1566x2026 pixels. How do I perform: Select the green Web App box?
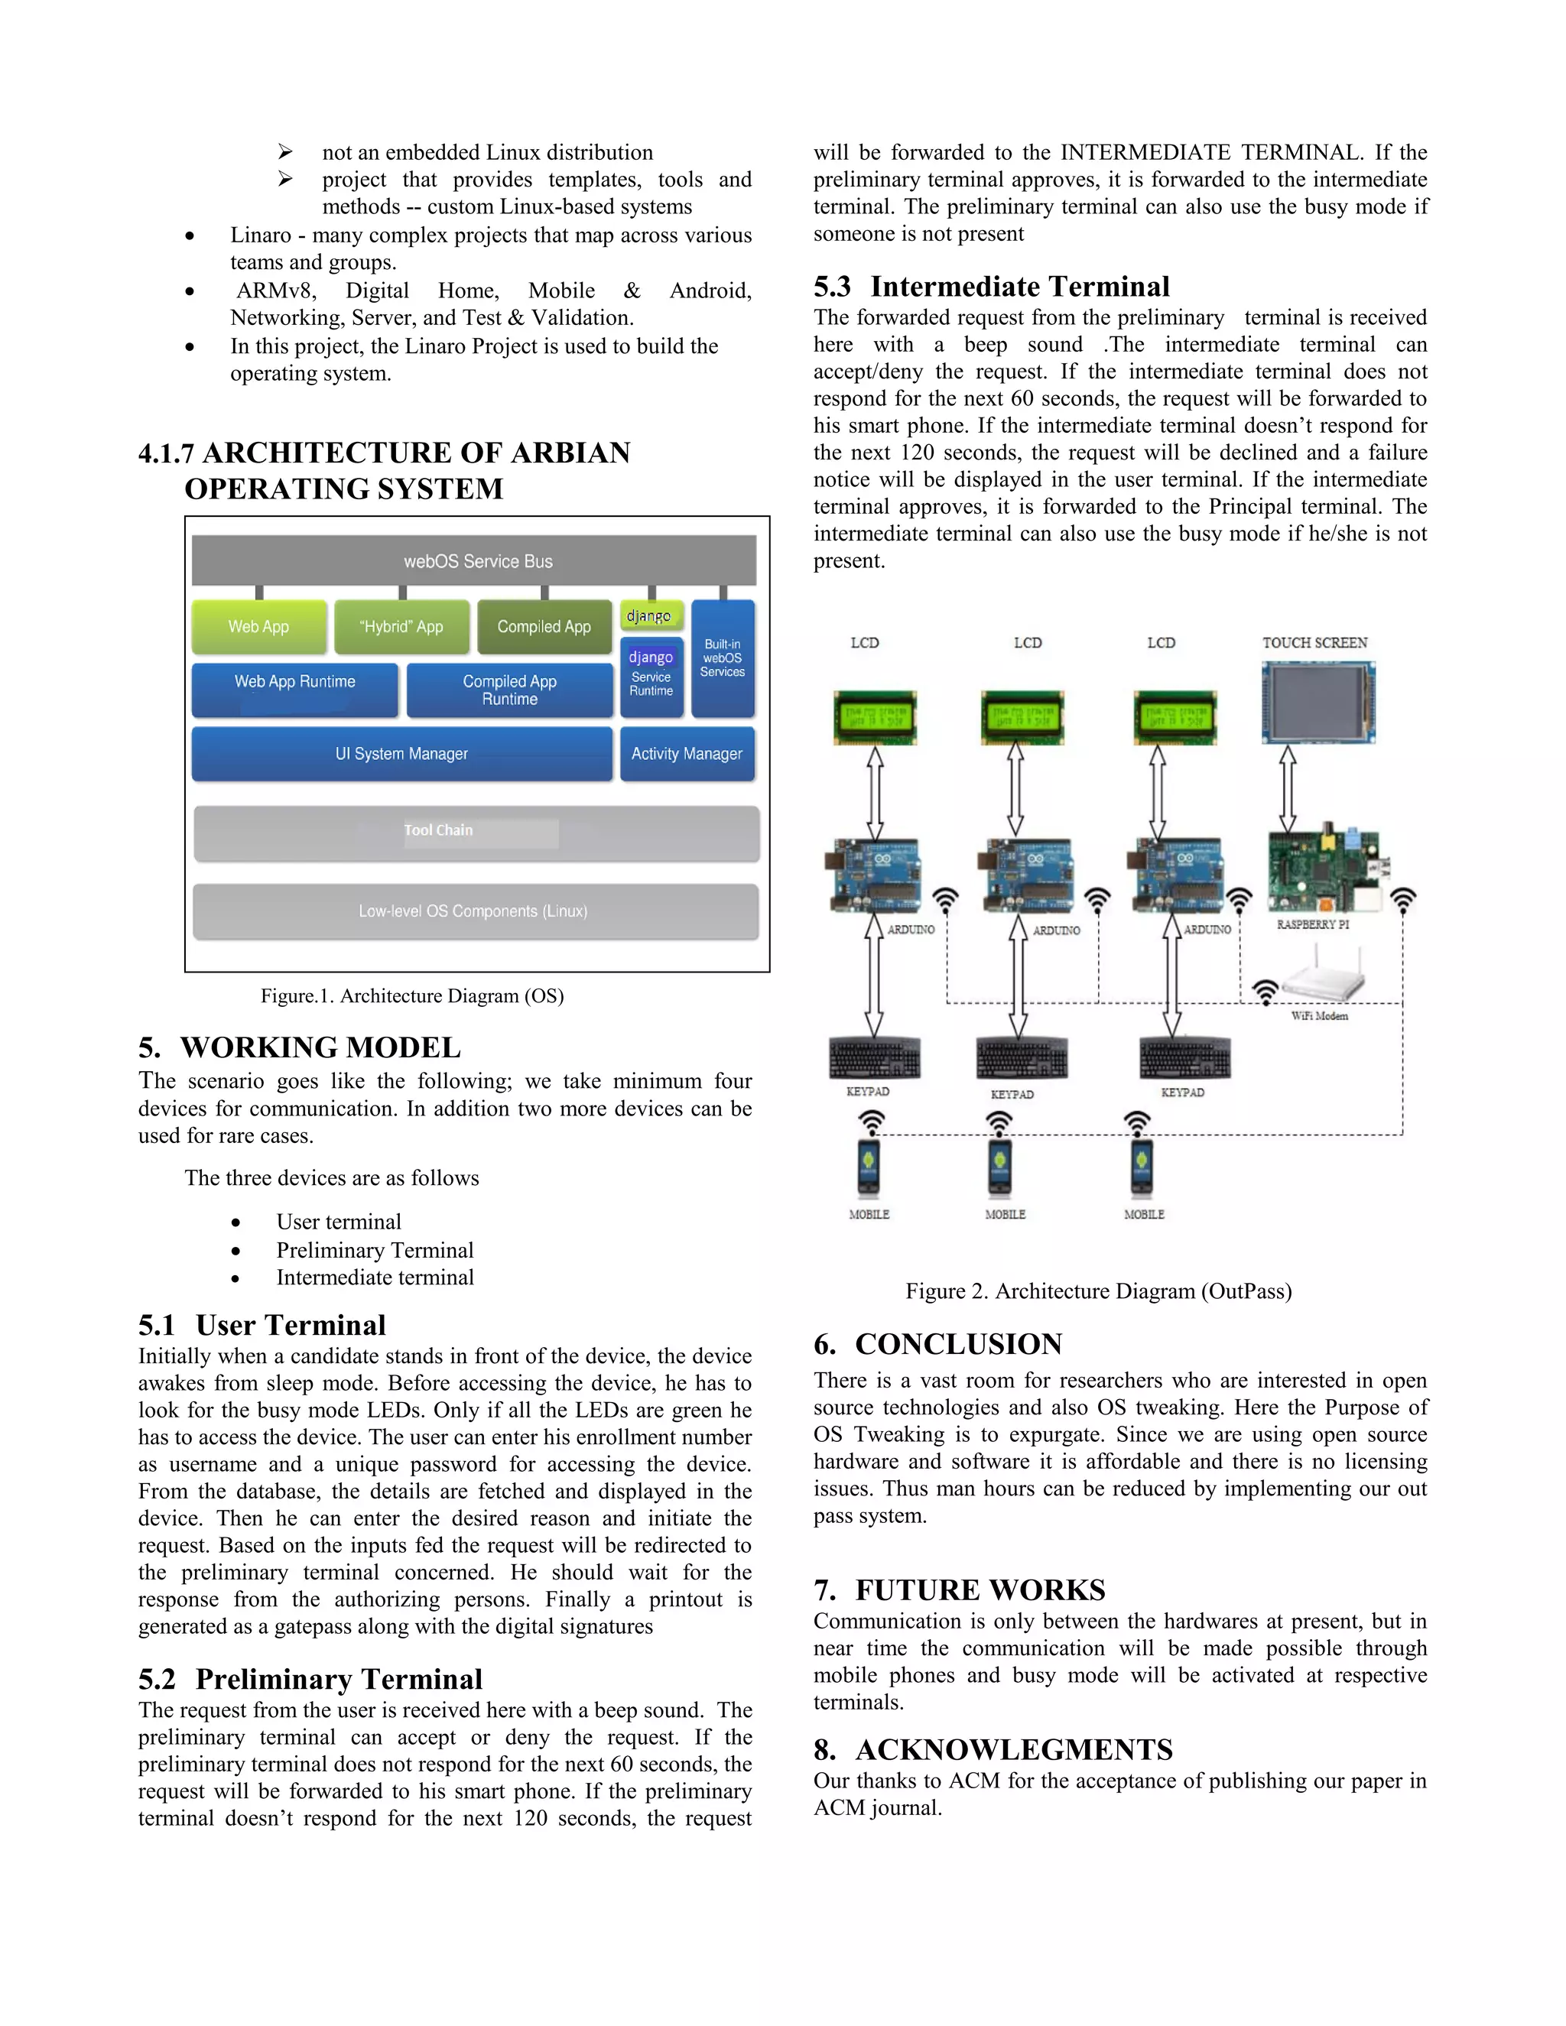point(259,626)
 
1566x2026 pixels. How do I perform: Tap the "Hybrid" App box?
point(401,626)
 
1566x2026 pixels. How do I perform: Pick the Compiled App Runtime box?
point(509,690)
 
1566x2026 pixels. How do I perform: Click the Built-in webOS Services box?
point(723,657)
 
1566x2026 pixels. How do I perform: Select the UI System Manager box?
point(401,753)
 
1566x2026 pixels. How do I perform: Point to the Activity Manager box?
point(687,753)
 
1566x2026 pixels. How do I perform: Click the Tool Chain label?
point(439,830)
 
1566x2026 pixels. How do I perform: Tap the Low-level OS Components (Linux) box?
point(474,911)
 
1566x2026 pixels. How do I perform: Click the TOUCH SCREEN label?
point(1314,642)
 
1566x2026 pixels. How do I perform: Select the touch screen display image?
point(1318,703)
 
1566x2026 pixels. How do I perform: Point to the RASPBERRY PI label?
point(1313,924)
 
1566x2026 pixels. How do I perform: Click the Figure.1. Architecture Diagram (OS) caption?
point(412,995)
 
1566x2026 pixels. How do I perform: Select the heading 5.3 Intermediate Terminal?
point(991,286)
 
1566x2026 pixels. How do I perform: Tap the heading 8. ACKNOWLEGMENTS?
point(993,1748)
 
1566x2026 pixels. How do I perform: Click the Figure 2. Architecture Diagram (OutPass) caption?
point(1099,1291)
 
